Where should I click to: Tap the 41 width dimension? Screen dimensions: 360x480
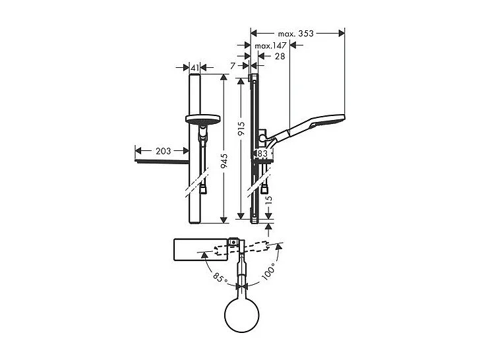(x=195, y=67)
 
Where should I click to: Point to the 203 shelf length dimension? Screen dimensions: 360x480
(x=163, y=152)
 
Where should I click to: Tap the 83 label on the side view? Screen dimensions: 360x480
(x=262, y=154)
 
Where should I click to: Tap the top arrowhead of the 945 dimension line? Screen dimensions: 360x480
(x=224, y=78)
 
